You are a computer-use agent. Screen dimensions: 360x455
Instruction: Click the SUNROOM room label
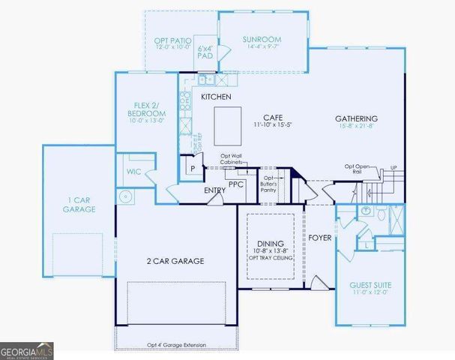click(262, 40)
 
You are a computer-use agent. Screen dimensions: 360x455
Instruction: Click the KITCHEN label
click(216, 97)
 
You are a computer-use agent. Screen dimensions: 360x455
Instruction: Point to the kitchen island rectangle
click(228, 124)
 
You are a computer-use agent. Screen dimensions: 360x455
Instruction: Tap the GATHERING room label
click(356, 118)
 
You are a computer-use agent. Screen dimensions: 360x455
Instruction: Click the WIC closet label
click(133, 172)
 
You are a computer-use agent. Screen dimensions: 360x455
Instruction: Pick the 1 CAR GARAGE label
click(79, 205)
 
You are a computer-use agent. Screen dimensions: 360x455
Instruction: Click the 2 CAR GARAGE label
click(176, 260)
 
